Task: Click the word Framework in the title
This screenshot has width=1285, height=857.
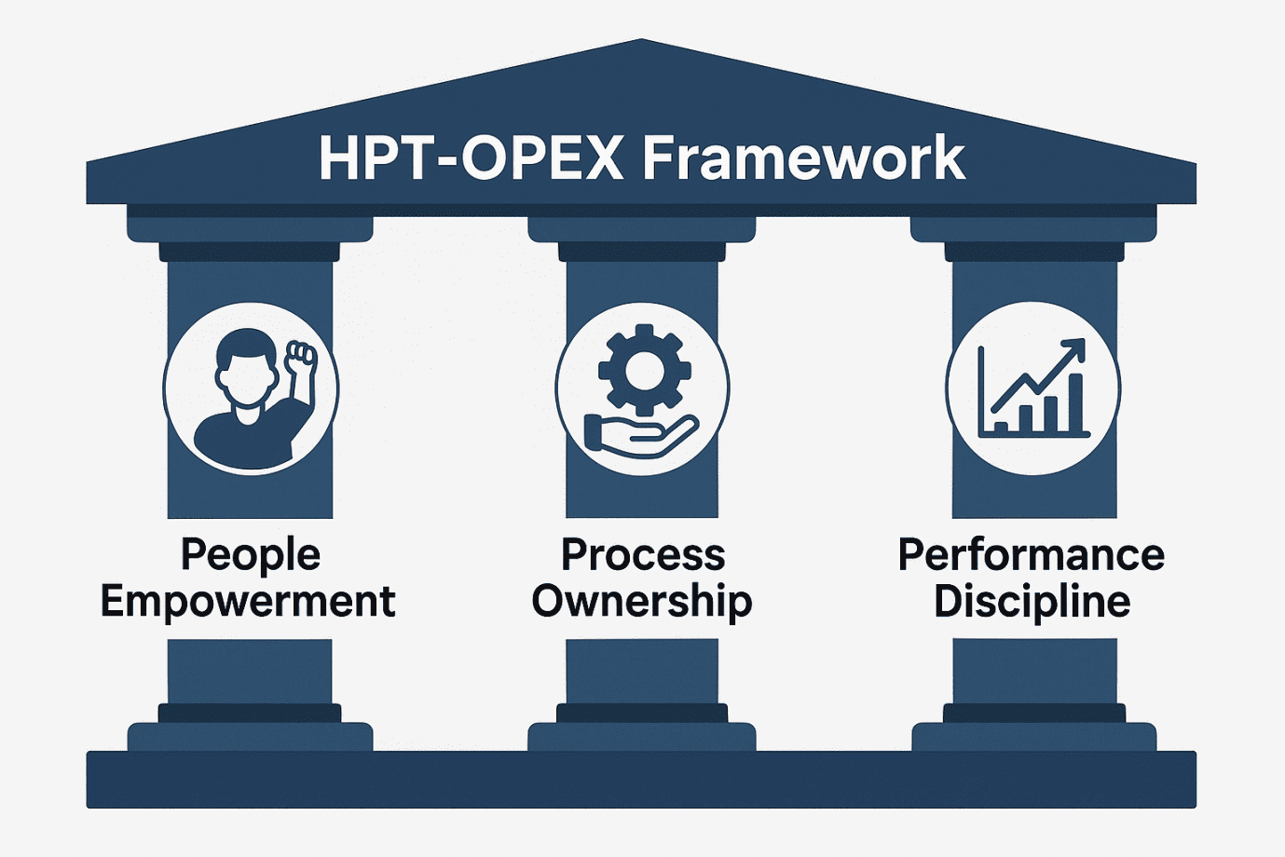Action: click(803, 158)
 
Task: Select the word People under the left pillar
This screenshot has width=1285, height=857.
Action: click(250, 554)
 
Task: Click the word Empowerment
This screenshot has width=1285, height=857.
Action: click(248, 601)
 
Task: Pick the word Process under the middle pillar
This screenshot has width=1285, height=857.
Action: click(643, 554)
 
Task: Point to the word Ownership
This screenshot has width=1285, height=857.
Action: click(642, 601)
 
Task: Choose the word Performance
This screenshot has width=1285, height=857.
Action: click(1032, 554)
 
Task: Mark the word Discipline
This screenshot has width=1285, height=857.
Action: click(1032, 601)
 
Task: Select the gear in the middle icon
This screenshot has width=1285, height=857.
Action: click(644, 370)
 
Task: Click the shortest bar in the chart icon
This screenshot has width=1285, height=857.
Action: click(1002, 427)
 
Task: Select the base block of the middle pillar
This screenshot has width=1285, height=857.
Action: click(642, 736)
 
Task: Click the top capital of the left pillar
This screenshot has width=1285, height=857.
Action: click(250, 229)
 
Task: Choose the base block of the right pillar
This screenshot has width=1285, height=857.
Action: click(1033, 736)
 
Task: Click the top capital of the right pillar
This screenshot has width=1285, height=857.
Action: click(1033, 229)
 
